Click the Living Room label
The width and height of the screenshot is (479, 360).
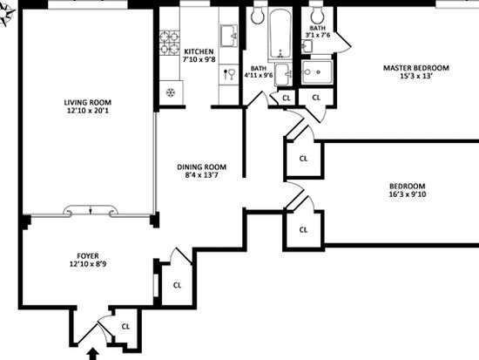point(87,103)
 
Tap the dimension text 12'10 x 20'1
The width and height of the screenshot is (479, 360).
point(88,111)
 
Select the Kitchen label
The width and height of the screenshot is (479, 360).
point(199,51)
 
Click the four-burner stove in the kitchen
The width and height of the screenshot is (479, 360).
point(169,43)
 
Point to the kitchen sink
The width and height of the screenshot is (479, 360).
point(229,36)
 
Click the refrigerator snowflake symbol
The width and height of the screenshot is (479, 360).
point(171,92)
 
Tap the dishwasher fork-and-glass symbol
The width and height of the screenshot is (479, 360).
point(229,74)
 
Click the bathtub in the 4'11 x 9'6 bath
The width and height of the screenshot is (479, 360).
point(280,33)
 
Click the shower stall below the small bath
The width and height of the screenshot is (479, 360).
point(317,72)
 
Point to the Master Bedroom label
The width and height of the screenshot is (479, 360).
point(416,68)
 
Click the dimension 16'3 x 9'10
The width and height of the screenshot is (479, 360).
point(408,194)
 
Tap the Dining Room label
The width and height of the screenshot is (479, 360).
point(202,167)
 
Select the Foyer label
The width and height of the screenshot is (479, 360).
point(88,255)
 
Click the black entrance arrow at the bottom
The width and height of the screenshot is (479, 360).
point(93,354)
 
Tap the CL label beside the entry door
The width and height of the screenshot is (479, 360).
point(125,327)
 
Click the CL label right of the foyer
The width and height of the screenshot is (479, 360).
point(177,285)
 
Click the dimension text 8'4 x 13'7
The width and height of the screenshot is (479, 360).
point(202,175)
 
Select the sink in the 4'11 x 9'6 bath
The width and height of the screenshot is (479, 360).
point(283,74)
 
